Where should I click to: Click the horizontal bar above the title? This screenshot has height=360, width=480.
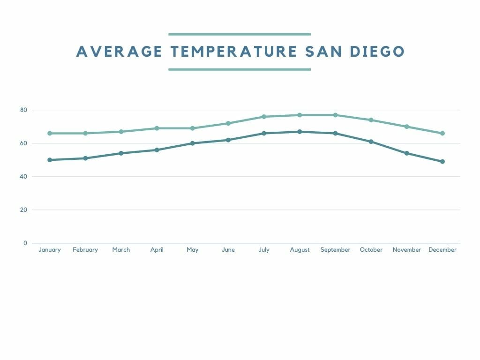click(x=240, y=34)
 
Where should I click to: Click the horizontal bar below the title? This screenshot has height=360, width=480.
click(x=240, y=69)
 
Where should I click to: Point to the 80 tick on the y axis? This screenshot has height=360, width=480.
click(x=23, y=110)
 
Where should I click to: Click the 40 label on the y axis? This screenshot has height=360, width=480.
click(x=23, y=177)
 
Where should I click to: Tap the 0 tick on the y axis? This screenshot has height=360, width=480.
click(x=25, y=243)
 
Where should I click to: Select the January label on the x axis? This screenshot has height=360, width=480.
click(x=50, y=250)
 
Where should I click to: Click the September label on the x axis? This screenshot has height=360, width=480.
click(x=335, y=250)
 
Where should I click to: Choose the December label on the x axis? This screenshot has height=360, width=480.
click(x=442, y=250)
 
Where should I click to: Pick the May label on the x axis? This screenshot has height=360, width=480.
click(x=192, y=250)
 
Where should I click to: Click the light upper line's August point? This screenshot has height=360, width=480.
click(x=300, y=115)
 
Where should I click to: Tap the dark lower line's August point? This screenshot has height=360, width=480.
click(x=300, y=132)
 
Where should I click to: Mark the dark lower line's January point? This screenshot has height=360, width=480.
click(x=50, y=160)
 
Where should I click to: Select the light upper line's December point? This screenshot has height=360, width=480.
click(x=442, y=133)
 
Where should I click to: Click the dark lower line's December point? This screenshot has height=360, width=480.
click(x=442, y=162)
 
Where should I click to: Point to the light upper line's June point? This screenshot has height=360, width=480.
click(x=228, y=123)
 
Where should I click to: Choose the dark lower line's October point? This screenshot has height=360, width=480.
click(x=371, y=142)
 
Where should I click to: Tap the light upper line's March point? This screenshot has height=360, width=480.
click(x=121, y=132)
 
